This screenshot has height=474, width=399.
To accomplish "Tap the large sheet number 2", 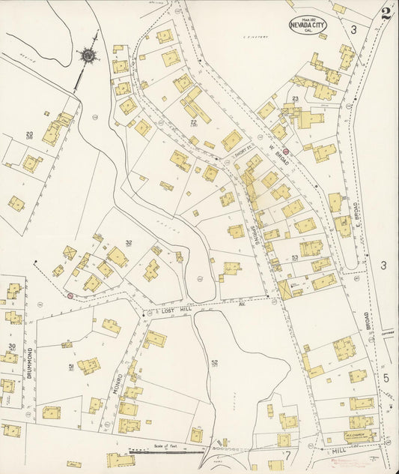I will pyautogui.click(x=386, y=13).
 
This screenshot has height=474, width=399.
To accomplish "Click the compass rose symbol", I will pyautogui.click(x=88, y=55).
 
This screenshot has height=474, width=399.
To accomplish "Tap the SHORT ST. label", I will pyautogui.click(x=241, y=151).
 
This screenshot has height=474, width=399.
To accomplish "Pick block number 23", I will pyautogui.click(x=296, y=99).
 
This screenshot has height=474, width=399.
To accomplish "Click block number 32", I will pyautogui.click(x=129, y=242).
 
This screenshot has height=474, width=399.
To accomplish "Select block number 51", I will pyautogui.click(x=71, y=367).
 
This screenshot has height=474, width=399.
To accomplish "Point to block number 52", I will pyautogui.click(x=214, y=363).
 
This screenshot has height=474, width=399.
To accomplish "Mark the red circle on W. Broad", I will pyautogui.click(x=285, y=151).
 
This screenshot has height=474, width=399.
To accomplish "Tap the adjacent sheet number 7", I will pyautogui.click(x=287, y=453).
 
